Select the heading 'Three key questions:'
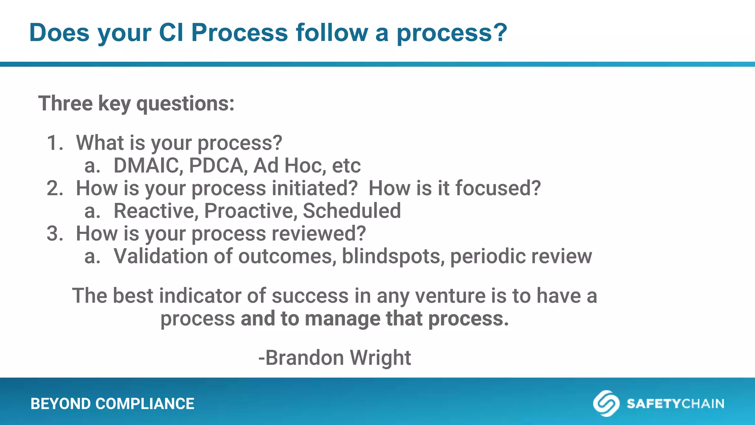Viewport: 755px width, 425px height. point(136,103)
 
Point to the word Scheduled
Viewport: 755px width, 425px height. point(351,211)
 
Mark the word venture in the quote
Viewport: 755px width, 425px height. point(450,296)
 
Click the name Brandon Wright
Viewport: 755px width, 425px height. point(335,357)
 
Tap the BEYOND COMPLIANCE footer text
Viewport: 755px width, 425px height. point(112,404)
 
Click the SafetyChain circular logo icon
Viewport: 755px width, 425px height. point(606,403)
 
